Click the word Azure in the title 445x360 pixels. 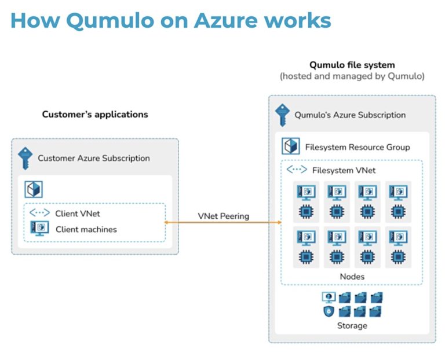pyautogui.click(x=227, y=20)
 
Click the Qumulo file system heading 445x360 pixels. pyautogui.click(x=352, y=65)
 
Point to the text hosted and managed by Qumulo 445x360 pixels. pyautogui.click(x=352, y=76)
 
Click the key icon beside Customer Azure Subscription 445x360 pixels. pyautogui.click(x=25, y=158)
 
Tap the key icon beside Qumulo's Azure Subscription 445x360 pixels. pyautogui.click(x=282, y=114)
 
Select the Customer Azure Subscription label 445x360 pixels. pyautogui.click(x=94, y=158)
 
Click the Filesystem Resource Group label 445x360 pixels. pyautogui.click(x=358, y=147)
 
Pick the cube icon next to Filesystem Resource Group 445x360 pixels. pyautogui.click(x=290, y=146)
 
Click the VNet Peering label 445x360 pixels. pyautogui.click(x=223, y=216)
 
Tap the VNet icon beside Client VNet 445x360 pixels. pyautogui.click(x=39, y=213)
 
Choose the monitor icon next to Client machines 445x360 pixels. pyautogui.click(x=39, y=229)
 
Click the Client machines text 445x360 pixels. pyautogui.click(x=86, y=229)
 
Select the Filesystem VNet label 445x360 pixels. pyautogui.click(x=344, y=170)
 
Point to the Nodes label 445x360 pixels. pyautogui.click(x=352, y=277)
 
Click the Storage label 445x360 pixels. pyautogui.click(x=352, y=325)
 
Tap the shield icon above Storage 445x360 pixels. pyautogui.click(x=329, y=311)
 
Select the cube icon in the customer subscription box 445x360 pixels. pyautogui.click(x=34, y=189)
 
